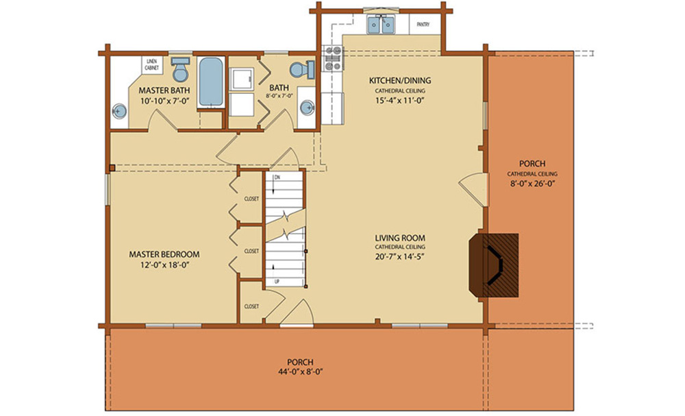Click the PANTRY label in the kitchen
point(423,25)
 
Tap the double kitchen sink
point(382,25)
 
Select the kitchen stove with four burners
point(332,58)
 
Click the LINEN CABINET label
point(151,64)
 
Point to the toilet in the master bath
point(179,69)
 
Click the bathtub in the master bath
point(210,82)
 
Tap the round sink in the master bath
point(119,111)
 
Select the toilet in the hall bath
point(302,69)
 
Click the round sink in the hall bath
point(308,107)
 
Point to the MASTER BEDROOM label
point(164,254)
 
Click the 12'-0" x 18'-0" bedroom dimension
point(164,265)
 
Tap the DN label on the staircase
point(277,178)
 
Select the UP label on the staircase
point(277,282)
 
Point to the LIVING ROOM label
point(400,238)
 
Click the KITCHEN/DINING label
point(400,80)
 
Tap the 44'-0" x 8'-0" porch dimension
point(300,372)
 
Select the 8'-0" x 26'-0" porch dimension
point(532,184)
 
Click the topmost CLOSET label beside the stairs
point(251,199)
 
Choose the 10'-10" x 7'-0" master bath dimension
point(164,101)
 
